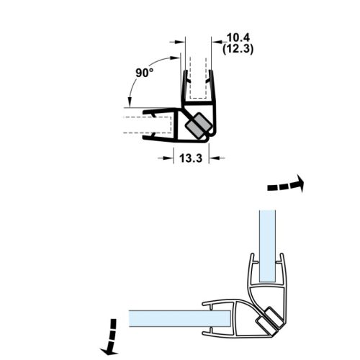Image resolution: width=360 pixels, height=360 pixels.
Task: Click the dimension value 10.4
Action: (238, 36)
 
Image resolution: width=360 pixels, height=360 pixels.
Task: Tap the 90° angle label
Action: (144, 73)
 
